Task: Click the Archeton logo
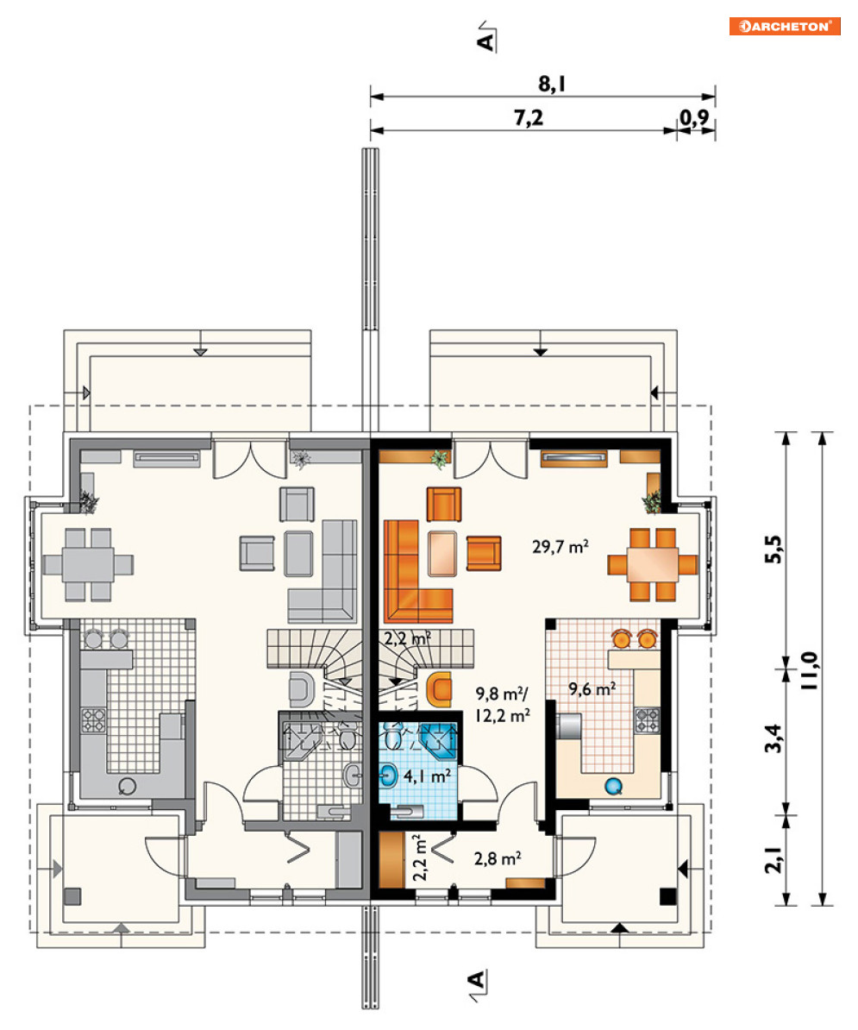785,26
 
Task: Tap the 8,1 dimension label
552,84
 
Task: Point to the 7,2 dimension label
529,117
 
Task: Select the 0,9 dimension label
694,117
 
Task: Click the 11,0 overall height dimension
809,669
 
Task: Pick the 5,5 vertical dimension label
773,550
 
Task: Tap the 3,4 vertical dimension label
773,738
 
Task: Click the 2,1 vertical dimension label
773,857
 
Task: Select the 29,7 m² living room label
560,546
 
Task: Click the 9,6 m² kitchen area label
592,688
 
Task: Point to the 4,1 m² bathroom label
427,776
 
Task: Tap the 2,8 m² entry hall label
498,857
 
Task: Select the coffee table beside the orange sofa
442,553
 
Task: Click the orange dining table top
652,565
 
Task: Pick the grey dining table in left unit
88,564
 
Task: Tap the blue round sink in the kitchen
613,785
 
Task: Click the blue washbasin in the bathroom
388,776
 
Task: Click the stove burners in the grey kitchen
93,720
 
